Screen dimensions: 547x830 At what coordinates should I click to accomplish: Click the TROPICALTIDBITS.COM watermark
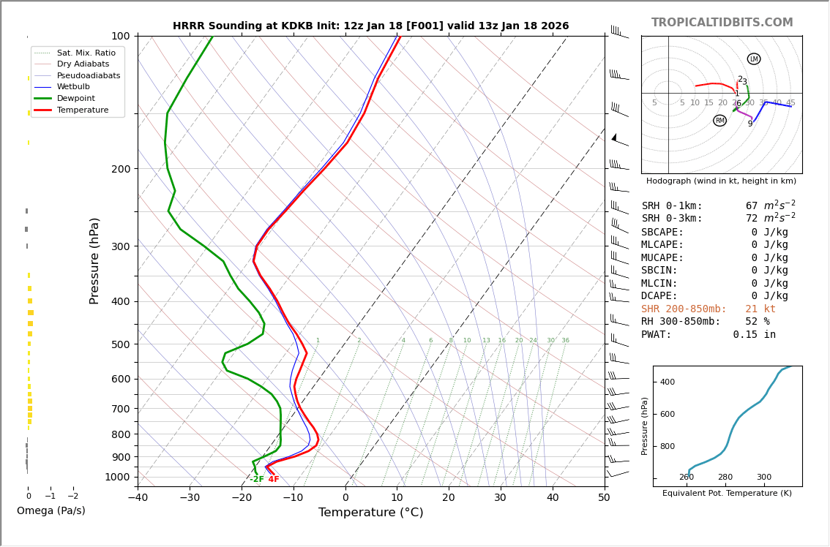(x=722, y=23)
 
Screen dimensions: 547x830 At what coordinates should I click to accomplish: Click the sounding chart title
(x=370, y=26)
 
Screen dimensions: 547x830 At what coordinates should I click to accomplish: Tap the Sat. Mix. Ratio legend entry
(x=86, y=53)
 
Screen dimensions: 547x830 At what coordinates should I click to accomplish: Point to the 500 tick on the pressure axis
(x=120, y=344)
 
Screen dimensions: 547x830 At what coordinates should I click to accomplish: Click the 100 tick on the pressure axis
(x=120, y=36)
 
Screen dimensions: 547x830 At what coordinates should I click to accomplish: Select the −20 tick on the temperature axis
(x=241, y=498)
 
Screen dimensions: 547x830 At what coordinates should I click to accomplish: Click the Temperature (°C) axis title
(x=370, y=513)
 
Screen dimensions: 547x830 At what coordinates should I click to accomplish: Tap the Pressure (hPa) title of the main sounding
(x=95, y=260)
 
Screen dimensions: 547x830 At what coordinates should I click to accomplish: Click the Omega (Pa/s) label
(x=51, y=511)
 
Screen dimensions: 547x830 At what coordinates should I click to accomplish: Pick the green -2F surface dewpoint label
(x=257, y=480)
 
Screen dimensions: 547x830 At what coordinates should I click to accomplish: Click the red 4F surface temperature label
(x=274, y=480)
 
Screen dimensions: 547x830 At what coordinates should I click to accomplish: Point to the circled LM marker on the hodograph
(x=754, y=59)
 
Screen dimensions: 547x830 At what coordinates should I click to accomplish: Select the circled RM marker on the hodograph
(x=720, y=121)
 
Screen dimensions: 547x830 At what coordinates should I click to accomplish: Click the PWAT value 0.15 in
(x=755, y=335)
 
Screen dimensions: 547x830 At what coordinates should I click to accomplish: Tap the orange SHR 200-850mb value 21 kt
(x=760, y=309)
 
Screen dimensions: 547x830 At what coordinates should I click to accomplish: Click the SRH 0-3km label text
(x=672, y=219)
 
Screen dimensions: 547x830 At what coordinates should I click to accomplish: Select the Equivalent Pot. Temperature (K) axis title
(x=727, y=494)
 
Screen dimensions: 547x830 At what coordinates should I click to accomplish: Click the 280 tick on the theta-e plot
(x=725, y=478)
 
